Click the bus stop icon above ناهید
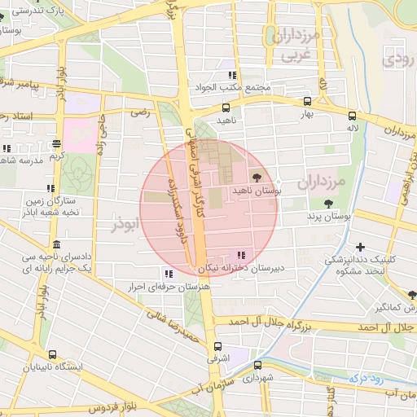pos(226,107)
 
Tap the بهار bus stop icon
pos(307,102)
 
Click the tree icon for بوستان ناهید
pos(257,176)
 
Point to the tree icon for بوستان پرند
pos(327,204)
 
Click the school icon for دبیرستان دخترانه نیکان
pos(239,254)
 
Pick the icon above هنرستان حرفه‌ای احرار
pos(169,274)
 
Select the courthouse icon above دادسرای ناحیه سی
pos(55,245)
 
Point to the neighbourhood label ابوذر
pos(125,224)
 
